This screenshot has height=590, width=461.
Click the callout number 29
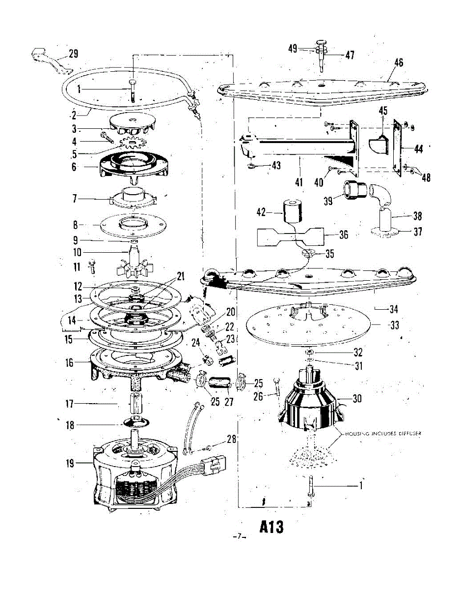[x=73, y=54]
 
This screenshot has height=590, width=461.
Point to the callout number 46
[x=398, y=62]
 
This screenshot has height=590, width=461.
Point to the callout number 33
[x=394, y=325]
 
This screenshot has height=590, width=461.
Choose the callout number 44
[x=418, y=149]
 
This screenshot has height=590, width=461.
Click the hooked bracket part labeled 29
[x=47, y=59]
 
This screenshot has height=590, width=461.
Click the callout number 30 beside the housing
[x=357, y=399]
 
